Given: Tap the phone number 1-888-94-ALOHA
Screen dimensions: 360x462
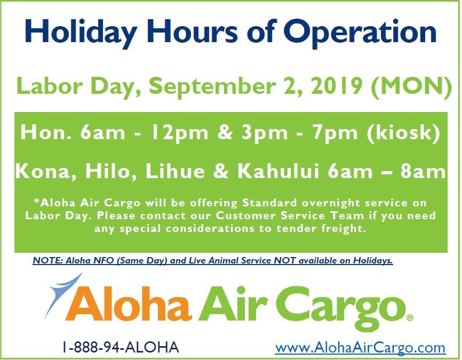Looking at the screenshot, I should click(120, 348).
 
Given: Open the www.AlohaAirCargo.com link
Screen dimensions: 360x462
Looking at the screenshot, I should click(360, 348).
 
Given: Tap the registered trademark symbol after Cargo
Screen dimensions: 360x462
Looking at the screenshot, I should click(410, 317).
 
